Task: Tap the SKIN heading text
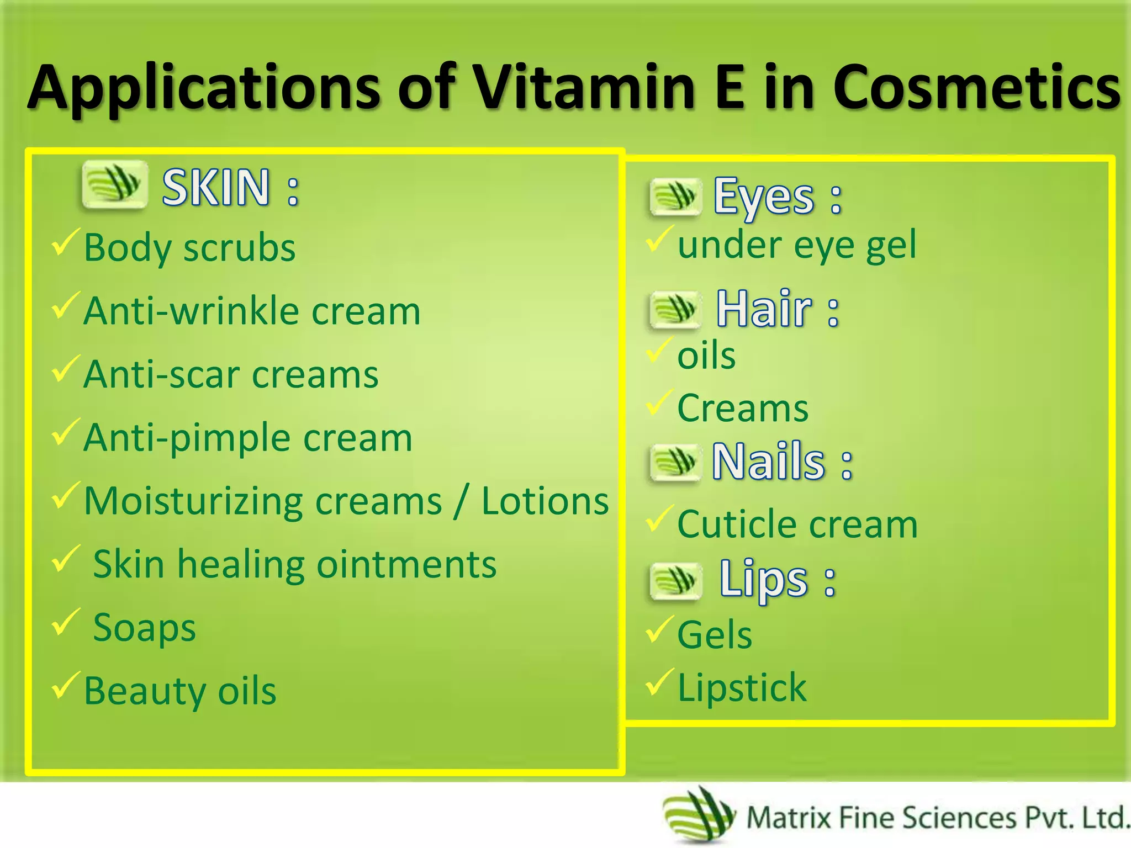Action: (x=215, y=188)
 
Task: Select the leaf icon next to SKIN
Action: (x=115, y=185)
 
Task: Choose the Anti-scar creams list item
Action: (x=231, y=374)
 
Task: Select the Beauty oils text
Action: (x=180, y=691)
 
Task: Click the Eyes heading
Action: (x=764, y=196)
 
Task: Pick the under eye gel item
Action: (x=796, y=245)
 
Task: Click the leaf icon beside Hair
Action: (x=675, y=309)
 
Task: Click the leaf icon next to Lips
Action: (x=676, y=581)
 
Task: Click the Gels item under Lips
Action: (x=715, y=635)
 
